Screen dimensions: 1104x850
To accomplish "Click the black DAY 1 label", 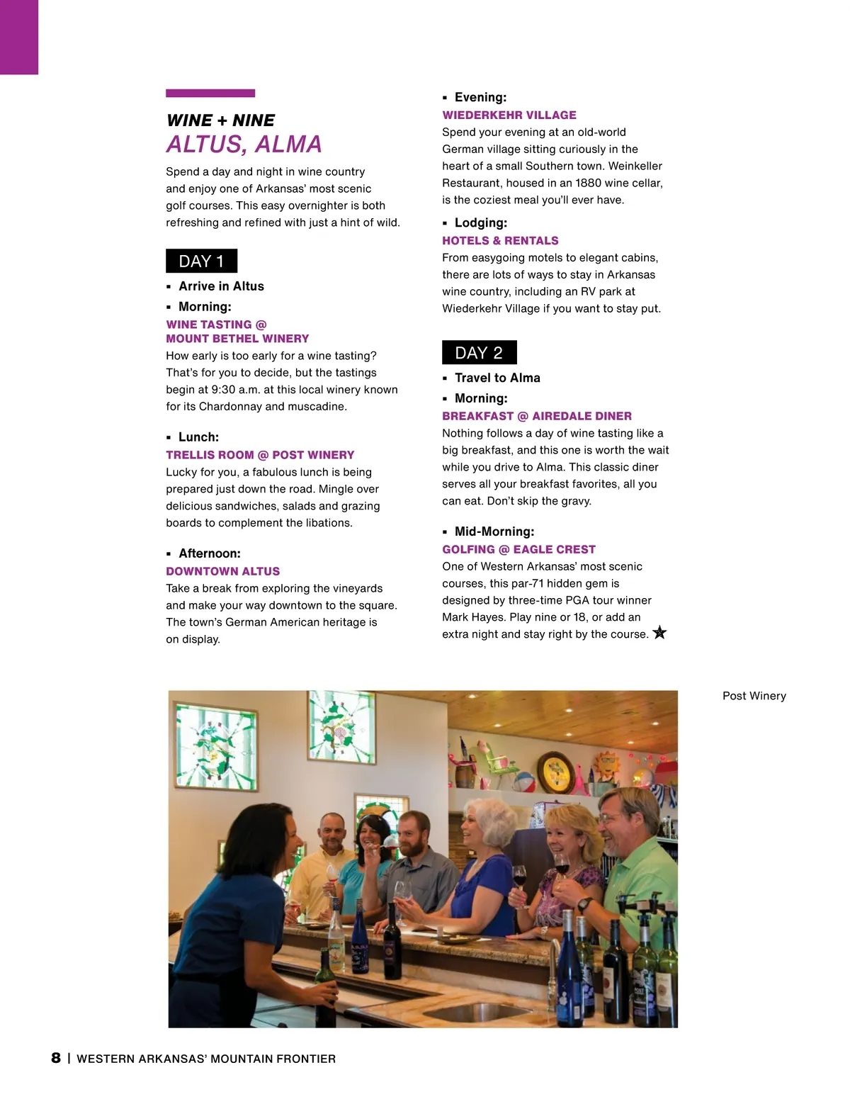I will [x=201, y=261].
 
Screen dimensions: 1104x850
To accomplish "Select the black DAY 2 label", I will [x=479, y=353].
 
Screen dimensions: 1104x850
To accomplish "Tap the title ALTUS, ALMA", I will [x=244, y=145].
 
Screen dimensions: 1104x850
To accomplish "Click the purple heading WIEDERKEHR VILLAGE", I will [x=509, y=115].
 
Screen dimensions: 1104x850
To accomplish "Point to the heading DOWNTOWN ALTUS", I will [x=222, y=571].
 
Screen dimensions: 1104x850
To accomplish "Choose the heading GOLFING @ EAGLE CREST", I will [x=518, y=549].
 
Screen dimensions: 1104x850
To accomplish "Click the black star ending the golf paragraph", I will [x=659, y=633].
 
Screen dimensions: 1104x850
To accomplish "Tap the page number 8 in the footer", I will [x=56, y=1058].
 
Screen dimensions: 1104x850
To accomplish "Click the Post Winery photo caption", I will [x=754, y=696].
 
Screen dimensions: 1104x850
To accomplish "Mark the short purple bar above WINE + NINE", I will [x=210, y=93].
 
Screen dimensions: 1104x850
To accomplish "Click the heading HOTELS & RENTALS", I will [x=500, y=240].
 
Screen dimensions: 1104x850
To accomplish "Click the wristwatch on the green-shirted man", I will [x=585, y=903].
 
